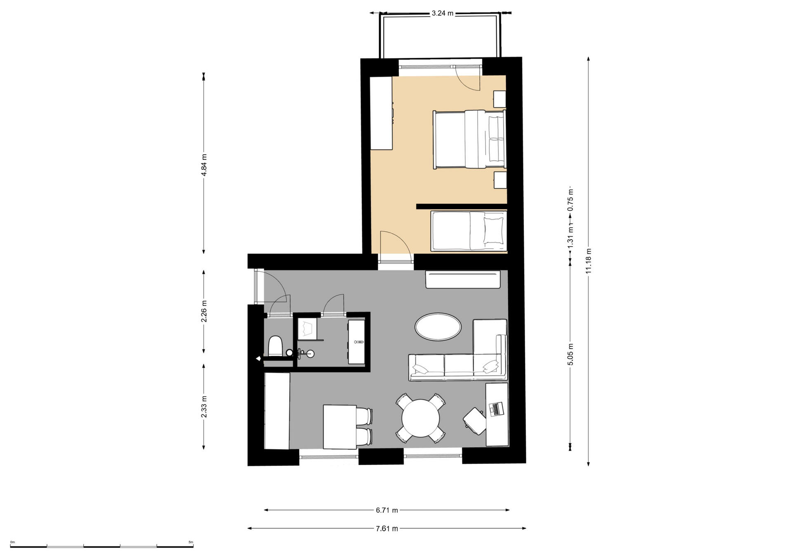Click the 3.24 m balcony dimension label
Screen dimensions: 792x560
442,13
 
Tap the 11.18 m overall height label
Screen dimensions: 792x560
589,261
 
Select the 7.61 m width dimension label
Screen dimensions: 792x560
387,528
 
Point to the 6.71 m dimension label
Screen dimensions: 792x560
387,510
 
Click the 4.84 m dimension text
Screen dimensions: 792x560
204,165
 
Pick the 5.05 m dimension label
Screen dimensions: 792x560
570,354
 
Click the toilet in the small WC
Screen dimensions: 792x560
275,346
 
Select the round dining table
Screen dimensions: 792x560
421,419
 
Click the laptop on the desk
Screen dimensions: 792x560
496,409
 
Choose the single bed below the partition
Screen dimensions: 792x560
469,231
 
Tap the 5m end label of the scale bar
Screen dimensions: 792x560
191,542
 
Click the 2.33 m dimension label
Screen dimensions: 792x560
204,407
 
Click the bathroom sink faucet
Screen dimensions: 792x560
301,353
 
